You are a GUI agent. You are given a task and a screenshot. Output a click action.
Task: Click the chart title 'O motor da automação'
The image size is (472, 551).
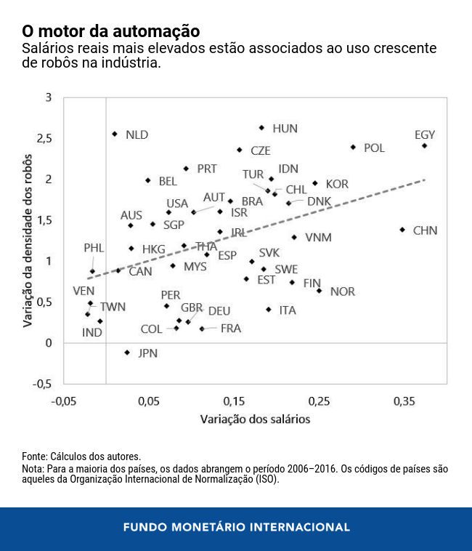pos(110,31)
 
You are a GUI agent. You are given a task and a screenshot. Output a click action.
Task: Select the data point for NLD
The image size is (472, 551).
pos(115,134)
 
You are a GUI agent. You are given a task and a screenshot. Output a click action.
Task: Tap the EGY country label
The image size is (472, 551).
pos(425,134)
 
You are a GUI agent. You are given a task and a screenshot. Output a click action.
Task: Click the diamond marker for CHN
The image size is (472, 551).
pos(402,230)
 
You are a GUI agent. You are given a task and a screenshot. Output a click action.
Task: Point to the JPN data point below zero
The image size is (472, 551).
pos(127,353)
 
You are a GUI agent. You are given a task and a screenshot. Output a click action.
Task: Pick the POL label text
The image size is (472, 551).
pos(374,148)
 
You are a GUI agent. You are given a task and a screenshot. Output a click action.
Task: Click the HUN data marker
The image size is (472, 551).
pos(262,128)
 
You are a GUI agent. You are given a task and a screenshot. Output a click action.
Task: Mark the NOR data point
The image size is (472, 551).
pos(319,291)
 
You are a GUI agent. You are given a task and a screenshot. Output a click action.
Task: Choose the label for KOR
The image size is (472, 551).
pos(337,184)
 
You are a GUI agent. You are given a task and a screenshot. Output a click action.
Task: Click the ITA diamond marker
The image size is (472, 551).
pos(269,310)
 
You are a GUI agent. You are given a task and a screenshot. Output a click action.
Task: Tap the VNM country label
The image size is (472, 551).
pos(318,238)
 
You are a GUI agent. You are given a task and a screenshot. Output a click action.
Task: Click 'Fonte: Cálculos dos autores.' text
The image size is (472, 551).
pos(81,456)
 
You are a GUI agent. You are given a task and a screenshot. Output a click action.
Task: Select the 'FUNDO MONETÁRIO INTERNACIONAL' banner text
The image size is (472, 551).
pos(236,527)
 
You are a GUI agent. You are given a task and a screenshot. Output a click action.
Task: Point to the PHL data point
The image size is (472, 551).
pos(92,271)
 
